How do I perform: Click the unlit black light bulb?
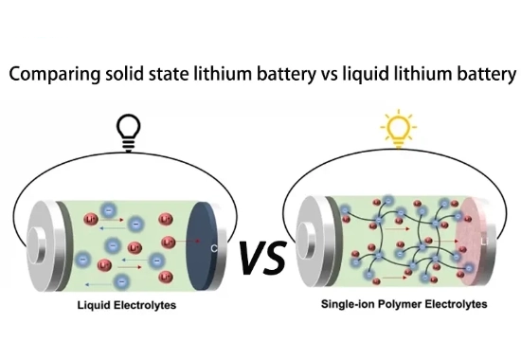pos(129,133)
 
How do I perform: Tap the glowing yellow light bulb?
pos(399,130)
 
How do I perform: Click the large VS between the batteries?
pos(262,258)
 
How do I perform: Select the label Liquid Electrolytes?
pos(127,305)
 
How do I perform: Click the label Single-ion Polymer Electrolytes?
pos(404,304)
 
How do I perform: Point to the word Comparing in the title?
pos(54,75)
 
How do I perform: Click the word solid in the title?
pos(125,73)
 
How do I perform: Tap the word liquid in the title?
pos(365,75)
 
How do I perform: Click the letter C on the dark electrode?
pos(214,248)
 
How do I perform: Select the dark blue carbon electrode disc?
pos(202,246)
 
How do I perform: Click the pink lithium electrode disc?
pos(470,242)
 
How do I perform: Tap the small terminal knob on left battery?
pos(37,245)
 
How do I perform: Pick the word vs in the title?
pos(330,75)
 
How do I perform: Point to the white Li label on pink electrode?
pos(485,242)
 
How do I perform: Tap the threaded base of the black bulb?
pos(129,145)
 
